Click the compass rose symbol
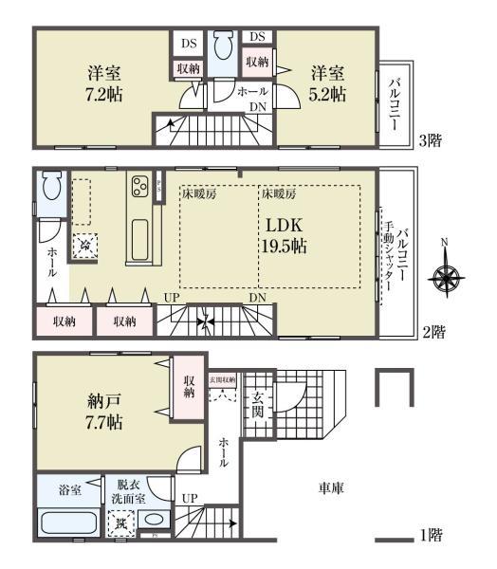pyautogui.click(x=446, y=279)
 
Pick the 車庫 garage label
pyautogui.click(x=331, y=489)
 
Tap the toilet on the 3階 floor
pyautogui.click(x=224, y=45)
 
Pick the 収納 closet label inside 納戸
pyautogui.click(x=191, y=387)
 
